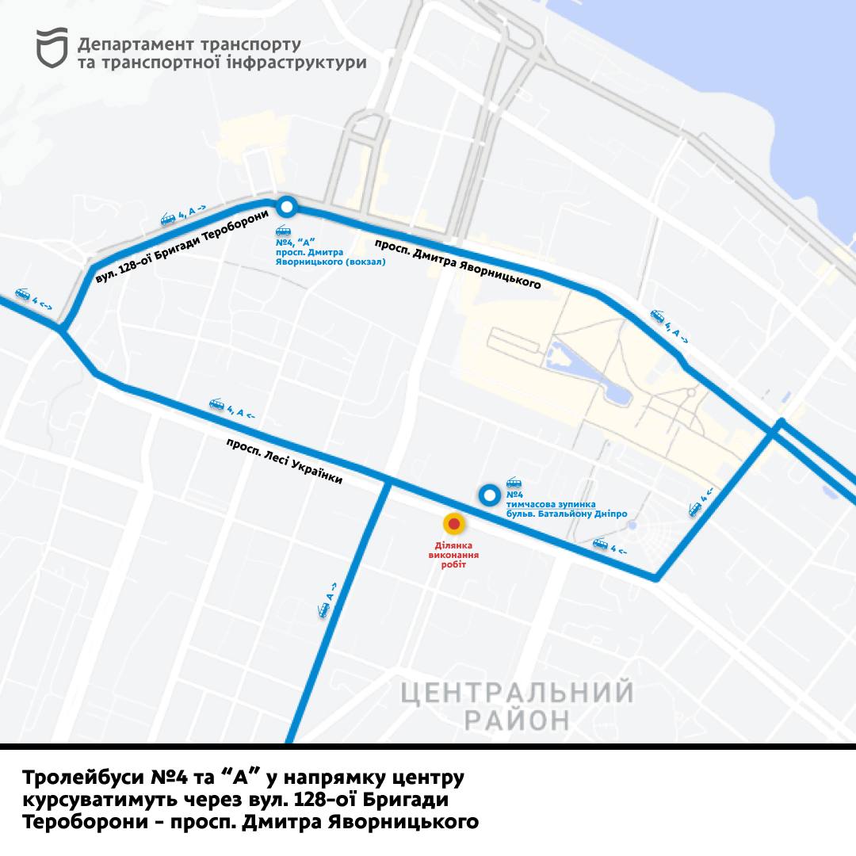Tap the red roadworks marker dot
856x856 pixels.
(x=453, y=524)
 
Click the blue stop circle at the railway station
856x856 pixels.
(x=287, y=208)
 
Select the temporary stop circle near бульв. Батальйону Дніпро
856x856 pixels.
(x=489, y=496)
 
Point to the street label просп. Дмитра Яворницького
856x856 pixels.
(x=458, y=262)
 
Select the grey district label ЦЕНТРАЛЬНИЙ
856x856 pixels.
(x=517, y=693)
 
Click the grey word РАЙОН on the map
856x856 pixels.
(x=517, y=720)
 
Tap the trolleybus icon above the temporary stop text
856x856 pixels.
(x=514, y=483)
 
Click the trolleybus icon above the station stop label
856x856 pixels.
(x=282, y=229)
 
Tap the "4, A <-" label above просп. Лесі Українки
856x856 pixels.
(x=232, y=409)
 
